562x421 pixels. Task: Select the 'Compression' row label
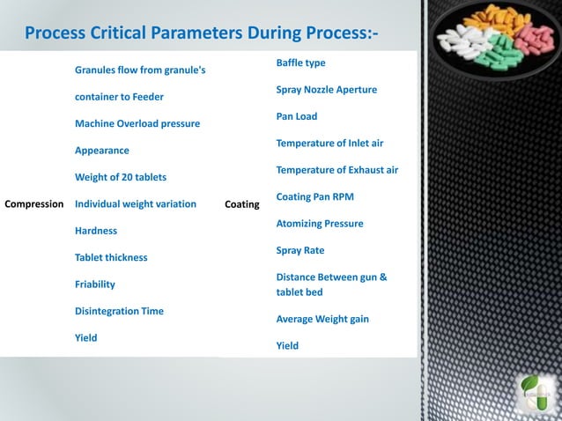34,204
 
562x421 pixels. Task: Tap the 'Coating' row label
242,204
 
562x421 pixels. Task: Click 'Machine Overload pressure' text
137,123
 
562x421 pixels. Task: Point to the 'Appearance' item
102,151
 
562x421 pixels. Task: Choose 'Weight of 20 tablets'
121,177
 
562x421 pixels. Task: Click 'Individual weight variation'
136,204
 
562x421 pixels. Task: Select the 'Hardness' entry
96,231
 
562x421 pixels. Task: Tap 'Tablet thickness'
111,257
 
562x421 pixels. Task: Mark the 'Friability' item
95,284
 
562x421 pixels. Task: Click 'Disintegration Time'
119,311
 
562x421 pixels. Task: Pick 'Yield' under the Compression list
86,338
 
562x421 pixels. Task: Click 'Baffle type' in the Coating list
301,63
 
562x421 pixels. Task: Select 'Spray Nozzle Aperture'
327,90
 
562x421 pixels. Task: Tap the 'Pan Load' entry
297,116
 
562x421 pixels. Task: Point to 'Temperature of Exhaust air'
337,170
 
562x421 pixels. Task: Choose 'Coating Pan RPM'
315,196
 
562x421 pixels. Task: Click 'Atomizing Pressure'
320,224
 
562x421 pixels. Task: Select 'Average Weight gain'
322,319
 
